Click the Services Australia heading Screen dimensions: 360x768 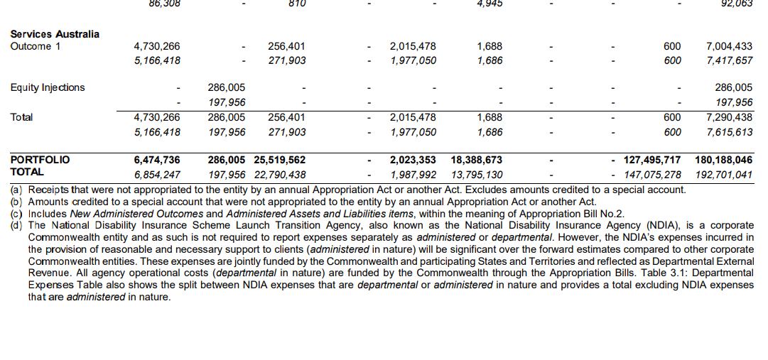(x=55, y=34)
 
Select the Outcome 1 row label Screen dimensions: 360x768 (x=36, y=47)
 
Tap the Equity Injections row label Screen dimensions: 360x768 (x=47, y=88)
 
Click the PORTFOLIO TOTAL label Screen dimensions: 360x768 (x=40, y=165)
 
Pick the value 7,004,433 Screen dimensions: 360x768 (x=729, y=47)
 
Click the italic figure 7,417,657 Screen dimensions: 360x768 (x=729, y=61)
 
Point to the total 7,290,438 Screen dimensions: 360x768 (x=729, y=118)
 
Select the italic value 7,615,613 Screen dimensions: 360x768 (x=729, y=132)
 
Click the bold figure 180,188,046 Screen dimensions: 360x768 (x=723, y=160)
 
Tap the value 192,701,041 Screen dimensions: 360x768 (x=723, y=175)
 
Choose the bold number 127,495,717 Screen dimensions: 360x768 (x=652, y=160)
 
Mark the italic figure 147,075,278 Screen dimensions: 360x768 (x=652, y=175)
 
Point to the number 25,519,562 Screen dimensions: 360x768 (x=279, y=160)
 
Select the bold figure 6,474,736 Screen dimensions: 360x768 (x=157, y=160)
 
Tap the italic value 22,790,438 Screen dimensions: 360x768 (x=279, y=175)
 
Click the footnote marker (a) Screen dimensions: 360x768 (x=16, y=190)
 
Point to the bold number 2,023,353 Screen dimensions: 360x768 (x=413, y=160)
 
